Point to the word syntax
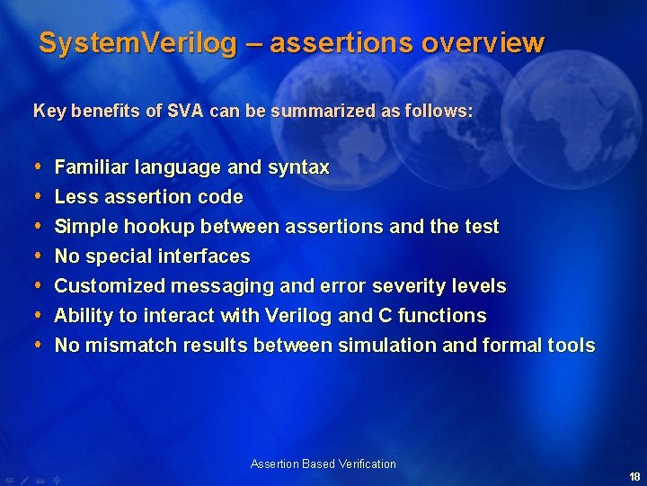click(x=298, y=167)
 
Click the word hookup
click(x=158, y=227)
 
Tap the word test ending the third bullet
click(x=481, y=227)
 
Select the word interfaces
click(x=207, y=256)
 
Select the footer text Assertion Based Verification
click(x=323, y=464)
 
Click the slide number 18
click(x=634, y=477)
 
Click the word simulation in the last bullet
click(x=373, y=346)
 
